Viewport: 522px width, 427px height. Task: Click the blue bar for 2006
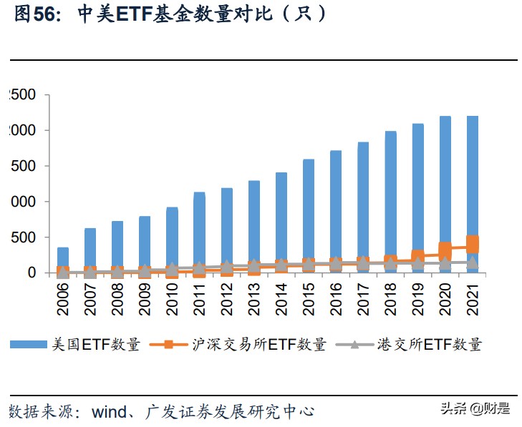(x=63, y=261)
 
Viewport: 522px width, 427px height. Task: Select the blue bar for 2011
(x=199, y=232)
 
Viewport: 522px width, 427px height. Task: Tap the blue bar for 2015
(x=309, y=215)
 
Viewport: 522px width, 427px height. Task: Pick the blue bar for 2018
(x=390, y=200)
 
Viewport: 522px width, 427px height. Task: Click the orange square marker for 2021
(x=472, y=245)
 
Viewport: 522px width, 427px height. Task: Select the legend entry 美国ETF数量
(x=93, y=345)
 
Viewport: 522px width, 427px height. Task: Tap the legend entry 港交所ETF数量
(x=429, y=345)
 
